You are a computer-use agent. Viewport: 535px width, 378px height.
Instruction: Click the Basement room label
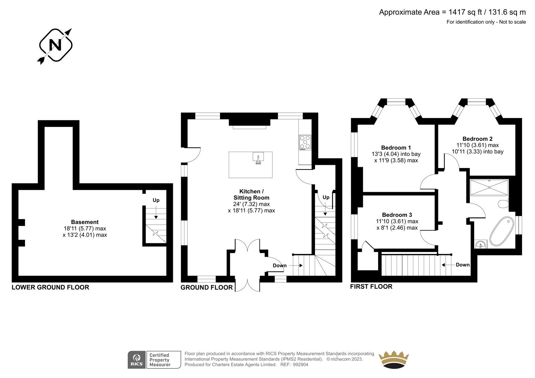(x=85, y=222)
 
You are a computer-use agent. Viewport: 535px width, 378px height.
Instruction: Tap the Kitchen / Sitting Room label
(x=251, y=195)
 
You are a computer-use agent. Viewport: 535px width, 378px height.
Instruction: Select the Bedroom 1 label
(x=396, y=148)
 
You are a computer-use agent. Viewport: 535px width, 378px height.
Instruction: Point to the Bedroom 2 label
(x=477, y=139)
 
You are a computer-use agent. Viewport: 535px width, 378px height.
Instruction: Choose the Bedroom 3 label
(x=397, y=215)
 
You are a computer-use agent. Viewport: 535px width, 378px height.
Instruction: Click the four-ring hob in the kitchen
(x=305, y=143)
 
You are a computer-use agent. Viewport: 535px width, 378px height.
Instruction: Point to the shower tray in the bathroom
(x=489, y=187)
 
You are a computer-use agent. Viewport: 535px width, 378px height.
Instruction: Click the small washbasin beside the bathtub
(x=480, y=245)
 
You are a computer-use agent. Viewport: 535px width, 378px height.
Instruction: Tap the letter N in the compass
(x=55, y=45)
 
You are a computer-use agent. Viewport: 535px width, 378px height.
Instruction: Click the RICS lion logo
(x=137, y=359)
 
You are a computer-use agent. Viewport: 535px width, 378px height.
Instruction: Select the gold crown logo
(x=394, y=360)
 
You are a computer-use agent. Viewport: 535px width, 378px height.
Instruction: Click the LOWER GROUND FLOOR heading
(x=50, y=287)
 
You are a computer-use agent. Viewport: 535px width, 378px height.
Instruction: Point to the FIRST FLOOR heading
(x=371, y=286)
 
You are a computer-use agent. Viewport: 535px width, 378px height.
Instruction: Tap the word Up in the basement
(x=156, y=200)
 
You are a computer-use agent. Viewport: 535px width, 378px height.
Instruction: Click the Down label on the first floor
(x=463, y=265)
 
